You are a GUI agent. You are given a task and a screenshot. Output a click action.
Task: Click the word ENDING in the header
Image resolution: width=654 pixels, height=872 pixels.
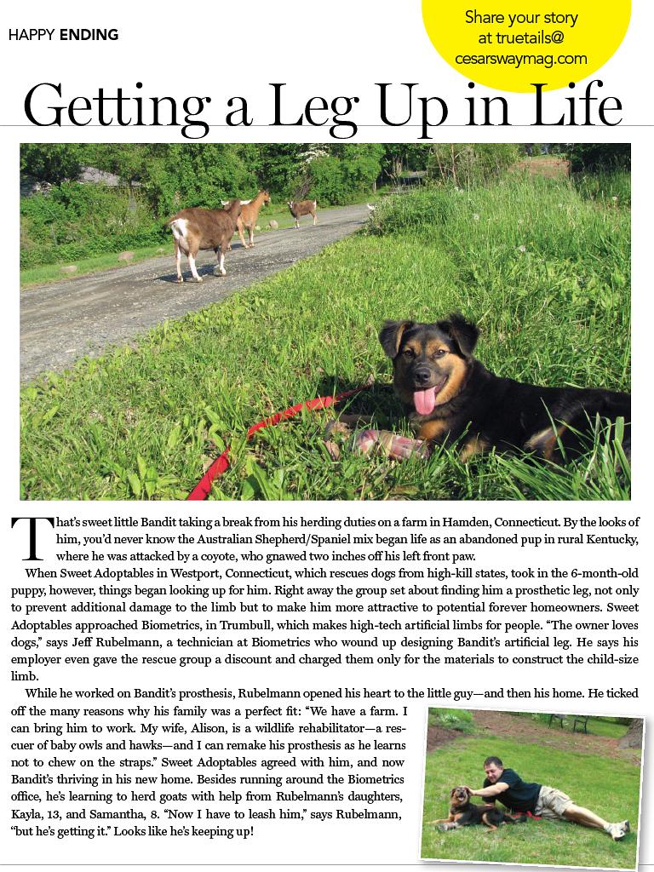tap(89, 35)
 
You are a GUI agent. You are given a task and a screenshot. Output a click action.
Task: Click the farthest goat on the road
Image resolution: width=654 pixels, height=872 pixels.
tap(301, 211)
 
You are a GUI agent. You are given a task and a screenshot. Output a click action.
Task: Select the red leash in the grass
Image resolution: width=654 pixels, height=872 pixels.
tap(255, 434)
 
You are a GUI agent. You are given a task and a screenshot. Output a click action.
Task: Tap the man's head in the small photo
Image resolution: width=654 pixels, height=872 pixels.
tap(492, 766)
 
